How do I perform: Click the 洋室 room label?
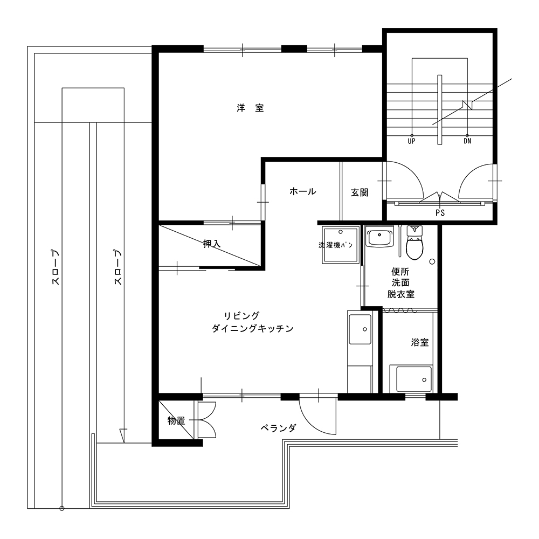[x=250, y=108]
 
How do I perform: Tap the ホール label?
[x=302, y=191]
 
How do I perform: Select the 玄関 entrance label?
[x=360, y=192]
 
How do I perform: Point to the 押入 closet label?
[x=211, y=244]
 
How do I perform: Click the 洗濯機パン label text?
[x=335, y=245]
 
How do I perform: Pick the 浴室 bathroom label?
[x=420, y=342]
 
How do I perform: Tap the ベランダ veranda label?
[x=278, y=428]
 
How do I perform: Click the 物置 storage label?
[x=176, y=420]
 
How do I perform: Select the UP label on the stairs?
[x=411, y=141]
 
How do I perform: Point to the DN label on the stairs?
[x=467, y=141]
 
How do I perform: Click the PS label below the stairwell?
[x=440, y=213]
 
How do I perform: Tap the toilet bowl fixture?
[x=415, y=243]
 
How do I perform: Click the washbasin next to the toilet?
[x=379, y=236]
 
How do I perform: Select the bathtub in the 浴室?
[x=414, y=379]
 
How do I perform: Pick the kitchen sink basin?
[x=360, y=329]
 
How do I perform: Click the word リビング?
[x=241, y=315]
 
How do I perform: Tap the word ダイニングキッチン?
[x=253, y=329]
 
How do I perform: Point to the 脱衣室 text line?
[x=401, y=294]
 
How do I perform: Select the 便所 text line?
[x=400, y=272]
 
